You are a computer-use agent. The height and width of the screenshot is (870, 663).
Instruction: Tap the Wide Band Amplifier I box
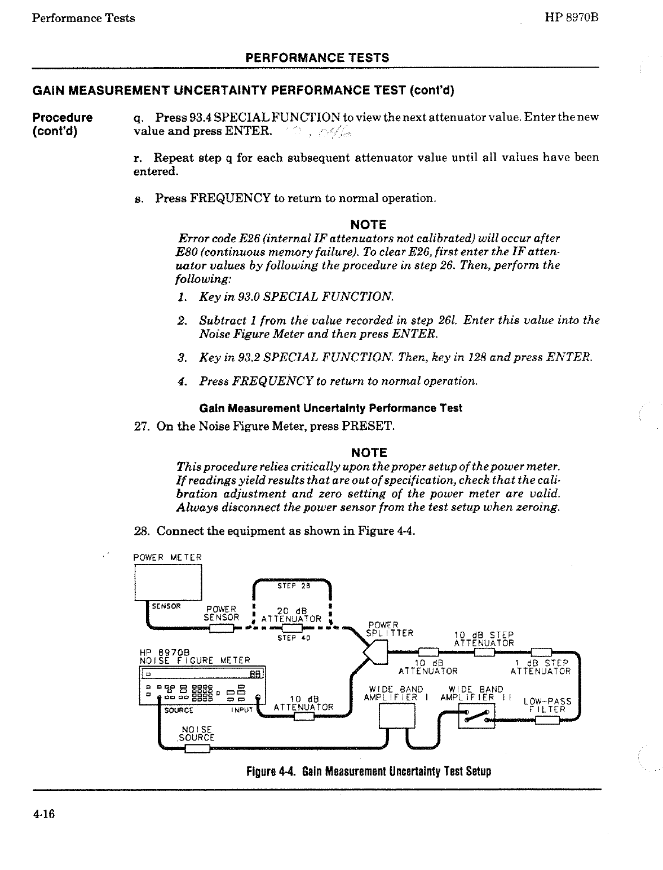(397, 717)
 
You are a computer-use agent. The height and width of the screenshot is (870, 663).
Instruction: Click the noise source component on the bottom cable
(197, 748)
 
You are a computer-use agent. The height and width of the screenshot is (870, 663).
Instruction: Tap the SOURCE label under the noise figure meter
(179, 711)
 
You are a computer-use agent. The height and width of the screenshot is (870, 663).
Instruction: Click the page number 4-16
(43, 815)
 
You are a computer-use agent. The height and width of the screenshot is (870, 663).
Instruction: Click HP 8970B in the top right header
(571, 17)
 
